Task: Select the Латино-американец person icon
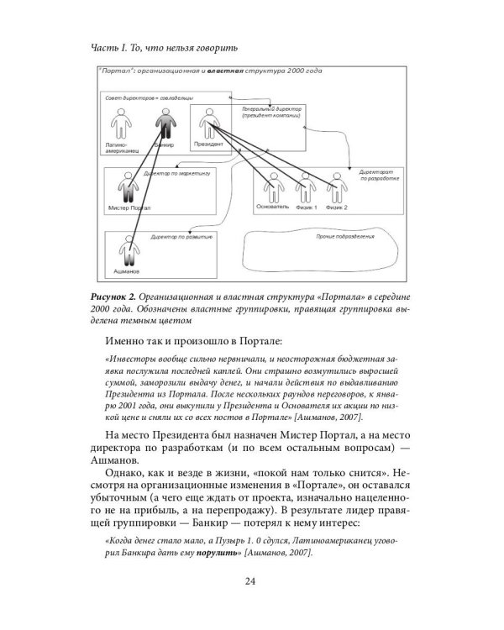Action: (x=118, y=127)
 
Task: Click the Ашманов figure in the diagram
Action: (x=128, y=252)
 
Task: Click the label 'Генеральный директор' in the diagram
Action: (x=265, y=109)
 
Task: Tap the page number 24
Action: (x=251, y=582)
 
